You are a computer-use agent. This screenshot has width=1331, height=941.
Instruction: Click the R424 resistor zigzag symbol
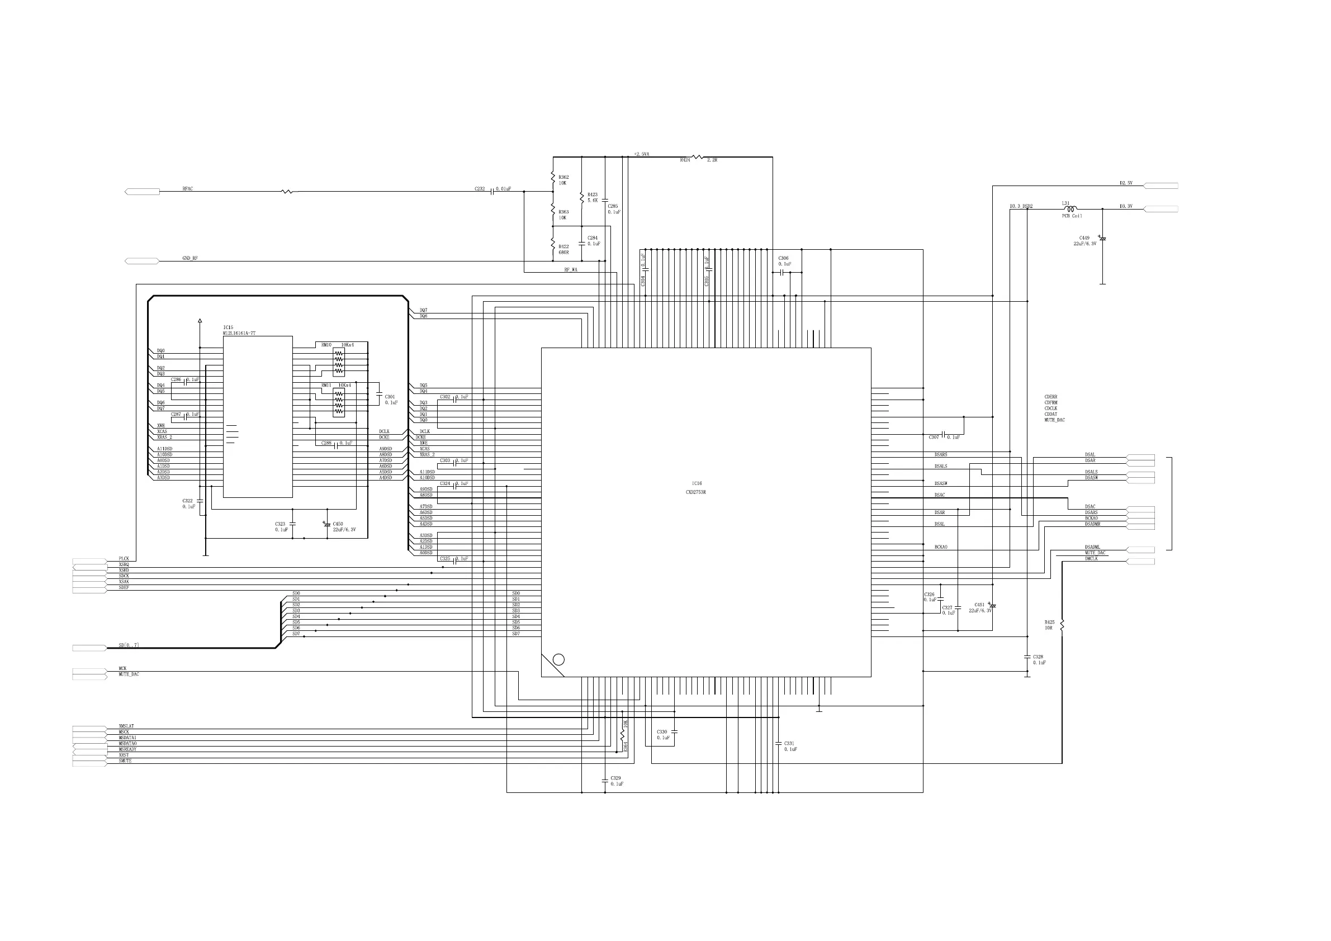coord(698,156)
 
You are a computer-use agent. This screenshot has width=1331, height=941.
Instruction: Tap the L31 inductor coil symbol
coord(1070,208)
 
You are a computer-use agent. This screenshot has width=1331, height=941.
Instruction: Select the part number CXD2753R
coord(695,492)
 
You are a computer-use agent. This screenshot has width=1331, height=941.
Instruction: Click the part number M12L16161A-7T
coord(239,333)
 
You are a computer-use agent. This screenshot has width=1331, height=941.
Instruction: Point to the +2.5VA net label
coord(641,154)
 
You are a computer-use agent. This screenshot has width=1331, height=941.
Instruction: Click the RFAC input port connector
coord(142,192)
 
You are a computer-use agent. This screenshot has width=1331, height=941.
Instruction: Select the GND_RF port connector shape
coord(142,262)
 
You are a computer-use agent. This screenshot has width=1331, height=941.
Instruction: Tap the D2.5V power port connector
coord(1161,186)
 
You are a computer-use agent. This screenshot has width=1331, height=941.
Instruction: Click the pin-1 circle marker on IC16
coord(558,659)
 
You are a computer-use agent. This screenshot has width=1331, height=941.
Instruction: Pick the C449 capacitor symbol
coord(1102,238)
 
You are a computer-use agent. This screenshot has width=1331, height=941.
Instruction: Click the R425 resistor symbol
coord(1062,625)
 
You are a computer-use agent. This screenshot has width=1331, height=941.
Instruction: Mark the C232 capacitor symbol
coord(492,190)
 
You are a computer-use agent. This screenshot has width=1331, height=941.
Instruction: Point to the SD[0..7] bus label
coord(129,645)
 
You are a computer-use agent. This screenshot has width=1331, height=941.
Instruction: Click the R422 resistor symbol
coord(553,246)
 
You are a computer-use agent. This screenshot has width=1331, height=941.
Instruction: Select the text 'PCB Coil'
coord(1072,216)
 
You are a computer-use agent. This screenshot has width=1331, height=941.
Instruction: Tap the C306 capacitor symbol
coord(784,272)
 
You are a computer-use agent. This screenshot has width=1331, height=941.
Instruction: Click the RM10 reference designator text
coord(326,345)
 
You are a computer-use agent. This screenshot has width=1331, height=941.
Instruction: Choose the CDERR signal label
coord(1050,397)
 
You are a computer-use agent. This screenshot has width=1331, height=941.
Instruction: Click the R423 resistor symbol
coord(582,197)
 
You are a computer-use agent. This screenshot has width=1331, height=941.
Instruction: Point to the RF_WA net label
coord(570,270)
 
